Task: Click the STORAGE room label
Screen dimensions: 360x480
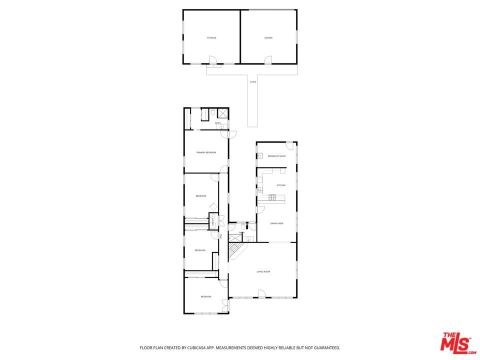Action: point(211,38)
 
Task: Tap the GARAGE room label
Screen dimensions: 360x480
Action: point(268,38)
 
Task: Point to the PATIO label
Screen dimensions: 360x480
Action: point(253,81)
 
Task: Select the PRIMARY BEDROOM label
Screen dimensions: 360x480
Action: point(206,152)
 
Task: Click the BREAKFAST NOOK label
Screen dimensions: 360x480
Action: point(276,156)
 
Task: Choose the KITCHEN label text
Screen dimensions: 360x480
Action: point(281,185)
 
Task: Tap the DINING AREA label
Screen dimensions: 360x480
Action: point(277,223)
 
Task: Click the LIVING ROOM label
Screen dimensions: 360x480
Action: point(263,271)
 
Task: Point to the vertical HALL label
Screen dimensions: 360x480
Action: point(220,235)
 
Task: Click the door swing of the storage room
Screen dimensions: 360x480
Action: point(212,60)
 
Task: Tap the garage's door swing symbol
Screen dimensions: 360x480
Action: point(268,60)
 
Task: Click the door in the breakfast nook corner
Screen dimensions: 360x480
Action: point(289,145)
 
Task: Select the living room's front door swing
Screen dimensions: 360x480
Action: point(261,294)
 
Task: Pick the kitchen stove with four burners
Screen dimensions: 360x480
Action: point(272,197)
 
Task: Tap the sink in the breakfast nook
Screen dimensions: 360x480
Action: point(259,156)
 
